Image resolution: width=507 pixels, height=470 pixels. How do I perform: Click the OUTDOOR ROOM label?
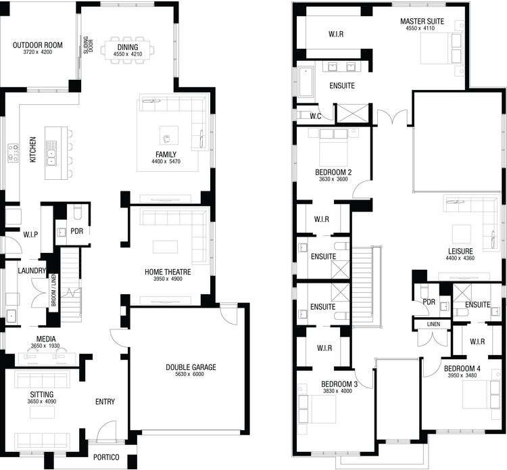37,45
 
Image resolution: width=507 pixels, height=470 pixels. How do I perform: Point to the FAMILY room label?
166,154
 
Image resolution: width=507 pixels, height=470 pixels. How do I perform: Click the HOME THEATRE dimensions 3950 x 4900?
168,279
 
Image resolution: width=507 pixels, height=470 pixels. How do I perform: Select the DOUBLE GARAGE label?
191,367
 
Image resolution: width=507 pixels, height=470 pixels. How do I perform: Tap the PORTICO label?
106,456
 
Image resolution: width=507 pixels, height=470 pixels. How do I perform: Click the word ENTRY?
105,402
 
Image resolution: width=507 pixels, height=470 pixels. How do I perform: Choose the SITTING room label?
42,394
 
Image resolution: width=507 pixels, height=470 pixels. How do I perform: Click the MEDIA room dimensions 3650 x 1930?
42,346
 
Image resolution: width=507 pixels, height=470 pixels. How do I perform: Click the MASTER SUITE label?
422,22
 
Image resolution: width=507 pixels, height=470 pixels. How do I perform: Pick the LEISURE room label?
460,251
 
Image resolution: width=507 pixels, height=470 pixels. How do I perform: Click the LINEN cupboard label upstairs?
433,325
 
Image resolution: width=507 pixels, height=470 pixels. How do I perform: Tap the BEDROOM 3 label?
339,384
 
